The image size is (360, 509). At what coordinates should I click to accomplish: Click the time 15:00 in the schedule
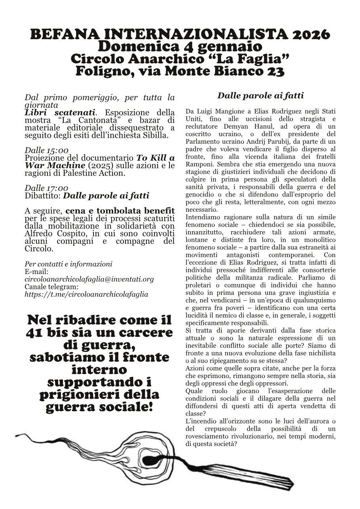coord(57,151)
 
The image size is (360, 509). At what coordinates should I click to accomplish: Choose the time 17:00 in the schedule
coord(57,188)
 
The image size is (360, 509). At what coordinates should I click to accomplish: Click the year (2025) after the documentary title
coord(101,165)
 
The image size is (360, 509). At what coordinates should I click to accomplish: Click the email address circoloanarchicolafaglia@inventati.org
coord(89,279)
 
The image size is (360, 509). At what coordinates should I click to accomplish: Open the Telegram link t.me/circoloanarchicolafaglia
coord(86,294)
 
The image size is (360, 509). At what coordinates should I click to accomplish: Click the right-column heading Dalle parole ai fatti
coord(260,95)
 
